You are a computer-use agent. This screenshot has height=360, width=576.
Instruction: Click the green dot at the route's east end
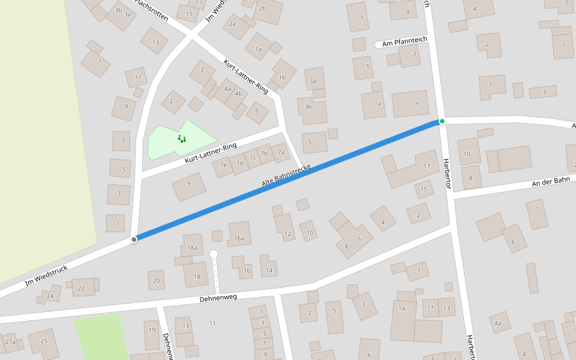coord(442,121)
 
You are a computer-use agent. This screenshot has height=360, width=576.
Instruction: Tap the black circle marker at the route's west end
coord(134,239)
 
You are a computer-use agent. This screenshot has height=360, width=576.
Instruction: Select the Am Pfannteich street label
coord(404,41)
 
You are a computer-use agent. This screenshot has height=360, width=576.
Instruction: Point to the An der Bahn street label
coord(550,181)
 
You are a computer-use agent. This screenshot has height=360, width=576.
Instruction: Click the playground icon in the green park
coord(181,139)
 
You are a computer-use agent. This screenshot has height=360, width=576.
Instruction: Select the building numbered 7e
coord(223,165)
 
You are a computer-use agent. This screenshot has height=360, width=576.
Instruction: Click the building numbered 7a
coord(280,152)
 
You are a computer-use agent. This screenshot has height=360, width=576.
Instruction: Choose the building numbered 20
coord(157,280)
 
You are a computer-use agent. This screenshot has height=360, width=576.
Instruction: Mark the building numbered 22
coord(82,288)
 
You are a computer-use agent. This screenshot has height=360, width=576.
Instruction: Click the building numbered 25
coord(44,341)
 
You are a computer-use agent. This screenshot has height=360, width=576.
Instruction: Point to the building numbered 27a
coord(10,342)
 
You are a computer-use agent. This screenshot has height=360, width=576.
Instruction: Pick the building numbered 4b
coord(238,94)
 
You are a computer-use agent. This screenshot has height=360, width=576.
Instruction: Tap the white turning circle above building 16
coord(214,254)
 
